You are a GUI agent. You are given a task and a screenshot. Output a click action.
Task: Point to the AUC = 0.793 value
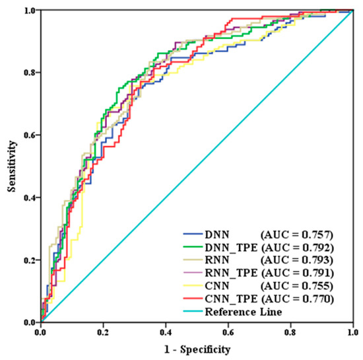click(x=298, y=260)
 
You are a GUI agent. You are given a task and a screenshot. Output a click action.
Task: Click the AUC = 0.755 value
click(x=298, y=286)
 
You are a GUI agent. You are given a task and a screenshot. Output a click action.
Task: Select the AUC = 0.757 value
click(x=298, y=234)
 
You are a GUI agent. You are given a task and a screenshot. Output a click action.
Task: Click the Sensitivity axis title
click(x=12, y=166)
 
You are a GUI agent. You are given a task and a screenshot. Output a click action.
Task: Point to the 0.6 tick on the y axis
click(x=29, y=135)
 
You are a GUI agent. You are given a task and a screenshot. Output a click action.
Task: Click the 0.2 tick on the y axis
click(x=29, y=260)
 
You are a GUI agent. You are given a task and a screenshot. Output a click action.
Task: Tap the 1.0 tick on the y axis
click(x=29, y=11)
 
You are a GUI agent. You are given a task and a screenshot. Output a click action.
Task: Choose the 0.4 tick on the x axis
click(x=166, y=332)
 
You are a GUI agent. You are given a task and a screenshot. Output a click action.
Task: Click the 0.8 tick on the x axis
click(x=291, y=332)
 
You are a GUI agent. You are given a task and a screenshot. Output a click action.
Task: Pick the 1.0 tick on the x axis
click(x=353, y=332)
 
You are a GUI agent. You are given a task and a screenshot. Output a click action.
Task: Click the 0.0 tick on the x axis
click(x=41, y=332)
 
